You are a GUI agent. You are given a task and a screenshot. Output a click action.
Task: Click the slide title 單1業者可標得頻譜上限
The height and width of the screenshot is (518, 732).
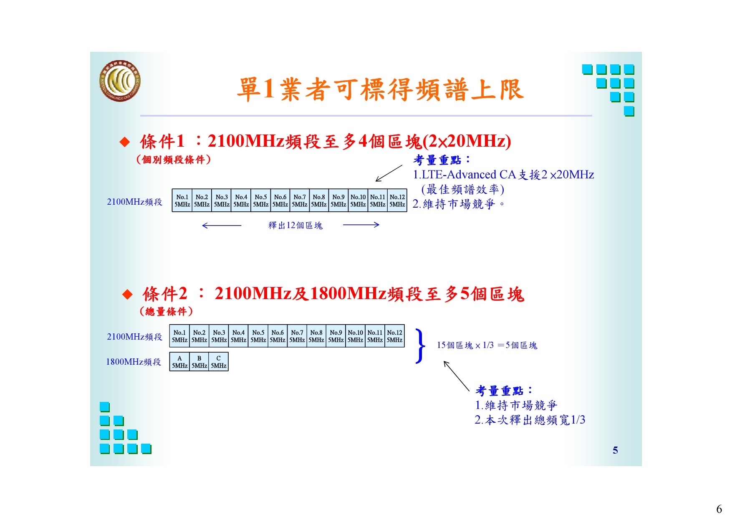coord(380,89)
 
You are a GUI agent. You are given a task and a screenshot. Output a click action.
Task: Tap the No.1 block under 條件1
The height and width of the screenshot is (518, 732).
coord(182,201)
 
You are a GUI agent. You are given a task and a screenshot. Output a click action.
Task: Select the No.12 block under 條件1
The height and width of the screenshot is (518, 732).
coord(397,201)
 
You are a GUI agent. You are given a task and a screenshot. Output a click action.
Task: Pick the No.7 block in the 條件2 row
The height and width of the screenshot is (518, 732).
coord(297,336)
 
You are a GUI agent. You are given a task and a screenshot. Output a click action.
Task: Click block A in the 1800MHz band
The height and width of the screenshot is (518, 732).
coord(179,362)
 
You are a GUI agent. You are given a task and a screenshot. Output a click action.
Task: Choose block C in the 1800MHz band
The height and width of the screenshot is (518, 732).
coord(219,362)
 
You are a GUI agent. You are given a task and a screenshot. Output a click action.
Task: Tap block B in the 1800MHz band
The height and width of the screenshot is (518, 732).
coord(199,362)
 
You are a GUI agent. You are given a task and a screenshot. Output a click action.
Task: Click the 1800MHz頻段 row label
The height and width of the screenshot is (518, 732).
coord(134,362)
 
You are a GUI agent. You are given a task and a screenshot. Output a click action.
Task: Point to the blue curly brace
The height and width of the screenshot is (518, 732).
coord(421,345)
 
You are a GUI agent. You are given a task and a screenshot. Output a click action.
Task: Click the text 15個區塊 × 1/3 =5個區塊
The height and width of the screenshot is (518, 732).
coord(487,345)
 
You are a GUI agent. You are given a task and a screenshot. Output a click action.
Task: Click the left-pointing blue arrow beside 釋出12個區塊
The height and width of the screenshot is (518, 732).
coord(222,226)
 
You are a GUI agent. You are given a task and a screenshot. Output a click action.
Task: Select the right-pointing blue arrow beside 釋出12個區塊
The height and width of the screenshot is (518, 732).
coord(361,225)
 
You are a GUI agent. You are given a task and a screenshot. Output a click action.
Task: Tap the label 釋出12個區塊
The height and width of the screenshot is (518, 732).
coord(295,226)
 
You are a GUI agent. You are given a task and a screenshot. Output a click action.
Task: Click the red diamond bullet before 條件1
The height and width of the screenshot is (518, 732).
coord(125,142)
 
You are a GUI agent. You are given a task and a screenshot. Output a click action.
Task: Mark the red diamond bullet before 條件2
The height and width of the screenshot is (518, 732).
coord(127,295)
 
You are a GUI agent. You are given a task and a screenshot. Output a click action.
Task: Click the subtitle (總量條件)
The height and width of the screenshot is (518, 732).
coord(166,311)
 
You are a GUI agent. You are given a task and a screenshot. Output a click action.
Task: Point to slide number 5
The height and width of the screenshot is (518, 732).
coord(615,450)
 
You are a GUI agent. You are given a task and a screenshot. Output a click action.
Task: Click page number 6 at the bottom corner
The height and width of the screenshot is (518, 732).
coord(719,509)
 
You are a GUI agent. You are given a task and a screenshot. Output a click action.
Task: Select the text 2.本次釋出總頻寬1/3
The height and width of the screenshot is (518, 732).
coord(530,420)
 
